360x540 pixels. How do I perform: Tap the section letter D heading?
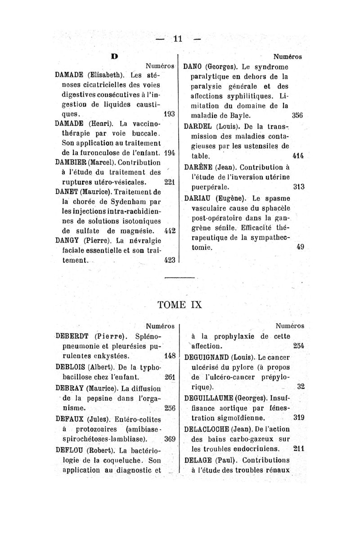click(x=115, y=57)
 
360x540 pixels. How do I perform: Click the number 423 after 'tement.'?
click(x=169, y=260)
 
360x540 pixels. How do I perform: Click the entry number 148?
click(x=169, y=355)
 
